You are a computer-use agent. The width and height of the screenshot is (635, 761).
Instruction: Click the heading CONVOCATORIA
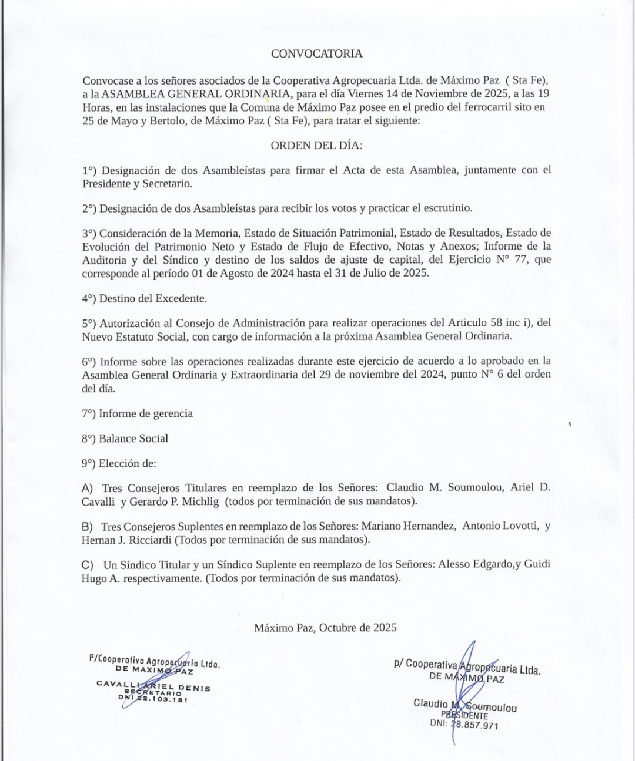(x=316, y=53)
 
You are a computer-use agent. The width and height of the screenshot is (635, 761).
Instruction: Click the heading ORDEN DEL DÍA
(x=316, y=145)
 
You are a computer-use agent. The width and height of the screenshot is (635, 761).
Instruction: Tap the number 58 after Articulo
(x=497, y=323)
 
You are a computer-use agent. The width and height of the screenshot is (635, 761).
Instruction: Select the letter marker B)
(x=88, y=527)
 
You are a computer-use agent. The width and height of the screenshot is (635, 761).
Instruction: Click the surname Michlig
(x=202, y=501)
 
